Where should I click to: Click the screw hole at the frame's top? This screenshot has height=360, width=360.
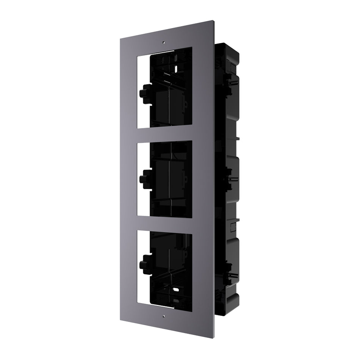point(163,42)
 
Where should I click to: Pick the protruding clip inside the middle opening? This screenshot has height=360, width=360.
point(145,177)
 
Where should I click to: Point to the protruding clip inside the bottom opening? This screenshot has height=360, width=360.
point(145,261)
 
